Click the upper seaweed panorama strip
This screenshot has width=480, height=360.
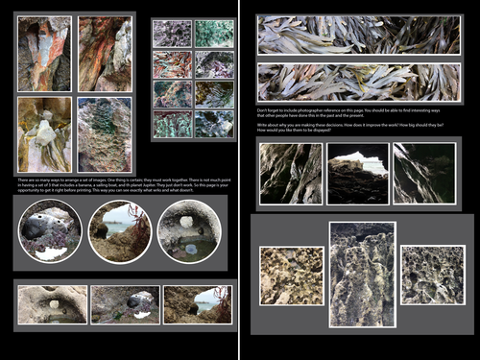coord(359,35)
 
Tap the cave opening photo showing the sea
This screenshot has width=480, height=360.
coord(358,174)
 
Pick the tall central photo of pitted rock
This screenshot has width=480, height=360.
coord(362,274)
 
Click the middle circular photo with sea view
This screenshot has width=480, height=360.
coord(120,231)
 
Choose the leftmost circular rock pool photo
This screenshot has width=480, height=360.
coord(50,231)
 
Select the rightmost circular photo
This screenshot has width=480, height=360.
coord(189,231)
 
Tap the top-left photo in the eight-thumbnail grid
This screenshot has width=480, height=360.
coord(173,35)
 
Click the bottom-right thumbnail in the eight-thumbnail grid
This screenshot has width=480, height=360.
coord(214,124)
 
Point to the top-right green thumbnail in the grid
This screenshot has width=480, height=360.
coord(214,35)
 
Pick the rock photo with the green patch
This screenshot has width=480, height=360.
coord(105,134)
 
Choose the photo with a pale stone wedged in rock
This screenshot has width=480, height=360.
coord(44,134)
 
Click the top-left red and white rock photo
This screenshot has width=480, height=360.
coord(44,54)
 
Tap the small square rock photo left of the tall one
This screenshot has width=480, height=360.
coord(291,276)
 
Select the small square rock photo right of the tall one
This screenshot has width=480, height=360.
coord(432,276)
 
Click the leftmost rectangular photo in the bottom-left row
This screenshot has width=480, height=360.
coord(52,304)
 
